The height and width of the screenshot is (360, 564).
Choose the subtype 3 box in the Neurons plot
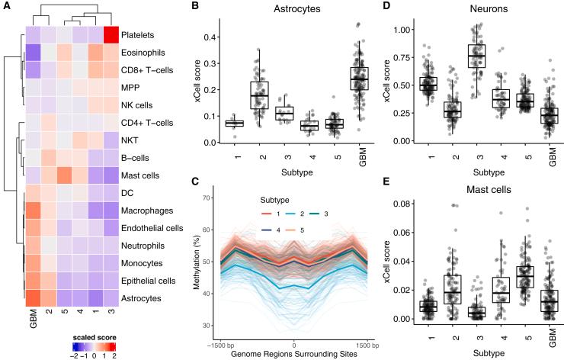coord(456,56)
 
